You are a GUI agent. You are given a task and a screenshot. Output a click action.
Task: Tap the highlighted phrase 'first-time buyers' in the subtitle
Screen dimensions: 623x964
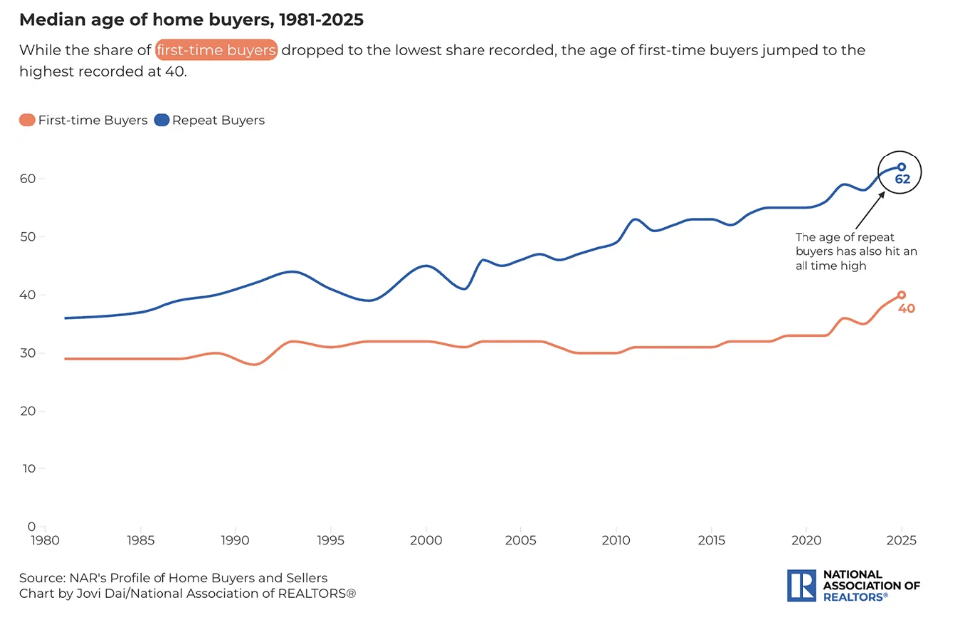pyautogui.click(x=215, y=50)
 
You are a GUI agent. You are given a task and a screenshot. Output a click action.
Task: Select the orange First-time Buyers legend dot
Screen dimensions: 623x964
pyautogui.click(x=27, y=120)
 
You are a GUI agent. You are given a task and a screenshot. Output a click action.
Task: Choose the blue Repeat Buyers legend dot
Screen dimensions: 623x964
pyautogui.click(x=162, y=120)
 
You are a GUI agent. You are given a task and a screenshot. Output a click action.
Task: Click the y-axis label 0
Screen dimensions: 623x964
pyautogui.click(x=31, y=526)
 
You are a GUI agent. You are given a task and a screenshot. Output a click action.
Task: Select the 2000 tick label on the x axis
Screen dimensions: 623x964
pyautogui.click(x=426, y=540)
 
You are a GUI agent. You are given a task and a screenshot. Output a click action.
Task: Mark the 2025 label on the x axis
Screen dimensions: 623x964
pyautogui.click(x=901, y=540)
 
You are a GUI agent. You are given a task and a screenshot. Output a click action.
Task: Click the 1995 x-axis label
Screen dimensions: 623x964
pyautogui.click(x=331, y=540)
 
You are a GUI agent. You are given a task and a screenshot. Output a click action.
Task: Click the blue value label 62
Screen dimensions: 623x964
pyautogui.click(x=903, y=180)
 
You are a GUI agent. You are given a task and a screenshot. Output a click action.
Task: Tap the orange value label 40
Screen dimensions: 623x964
pyautogui.click(x=907, y=309)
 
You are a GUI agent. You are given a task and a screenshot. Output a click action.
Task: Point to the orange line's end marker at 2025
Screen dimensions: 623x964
pyautogui.click(x=901, y=295)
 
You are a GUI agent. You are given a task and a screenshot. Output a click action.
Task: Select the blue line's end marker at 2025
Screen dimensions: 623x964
pyautogui.click(x=901, y=167)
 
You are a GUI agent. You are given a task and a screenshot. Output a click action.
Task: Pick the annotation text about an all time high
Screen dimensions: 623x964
pyautogui.click(x=855, y=252)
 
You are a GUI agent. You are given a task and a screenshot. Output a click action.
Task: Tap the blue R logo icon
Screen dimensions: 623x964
pyautogui.click(x=801, y=585)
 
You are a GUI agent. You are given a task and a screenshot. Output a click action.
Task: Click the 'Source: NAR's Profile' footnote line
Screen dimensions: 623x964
pyautogui.click(x=172, y=578)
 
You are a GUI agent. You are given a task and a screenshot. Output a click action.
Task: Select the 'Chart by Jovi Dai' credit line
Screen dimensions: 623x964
pyautogui.click(x=186, y=594)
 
